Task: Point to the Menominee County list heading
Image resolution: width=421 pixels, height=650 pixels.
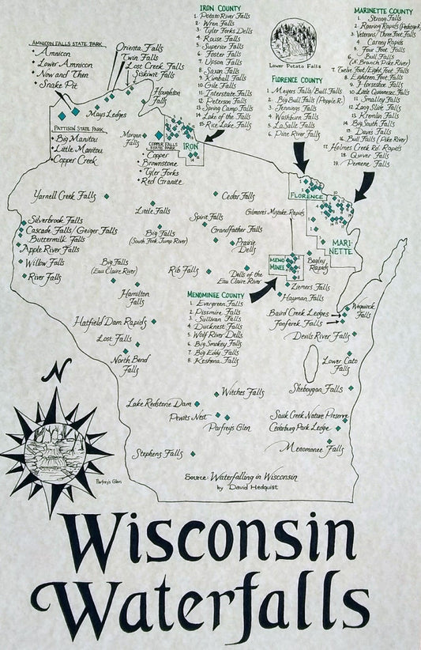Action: (216, 295)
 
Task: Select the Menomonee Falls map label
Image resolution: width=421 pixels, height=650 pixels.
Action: (313, 448)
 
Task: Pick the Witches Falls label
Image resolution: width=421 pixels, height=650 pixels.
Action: (242, 392)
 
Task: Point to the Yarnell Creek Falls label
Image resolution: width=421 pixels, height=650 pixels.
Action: (67, 195)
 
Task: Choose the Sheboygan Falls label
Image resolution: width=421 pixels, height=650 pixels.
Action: (317, 389)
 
